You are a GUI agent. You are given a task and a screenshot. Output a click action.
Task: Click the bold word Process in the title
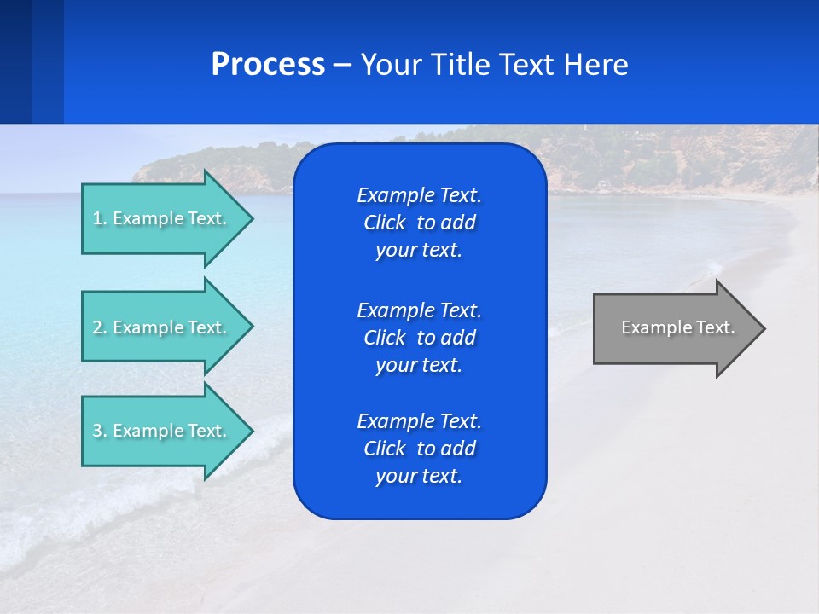pyautogui.click(x=268, y=65)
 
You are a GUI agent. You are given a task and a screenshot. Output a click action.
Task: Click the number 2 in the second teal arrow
pyautogui.click(x=97, y=327)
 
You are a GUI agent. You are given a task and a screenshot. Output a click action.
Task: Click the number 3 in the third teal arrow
pyautogui.click(x=97, y=431)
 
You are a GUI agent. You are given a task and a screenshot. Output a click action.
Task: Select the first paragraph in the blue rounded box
pyautogui.click(x=419, y=223)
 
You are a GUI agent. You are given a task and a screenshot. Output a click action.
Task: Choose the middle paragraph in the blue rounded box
pyautogui.click(x=419, y=337)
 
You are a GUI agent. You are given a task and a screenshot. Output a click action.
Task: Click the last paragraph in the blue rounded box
pyautogui.click(x=419, y=449)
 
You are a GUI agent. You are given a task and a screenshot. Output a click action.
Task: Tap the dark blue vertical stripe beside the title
pyautogui.click(x=15, y=61)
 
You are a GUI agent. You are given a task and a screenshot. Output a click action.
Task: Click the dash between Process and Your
pyautogui.click(x=342, y=65)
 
